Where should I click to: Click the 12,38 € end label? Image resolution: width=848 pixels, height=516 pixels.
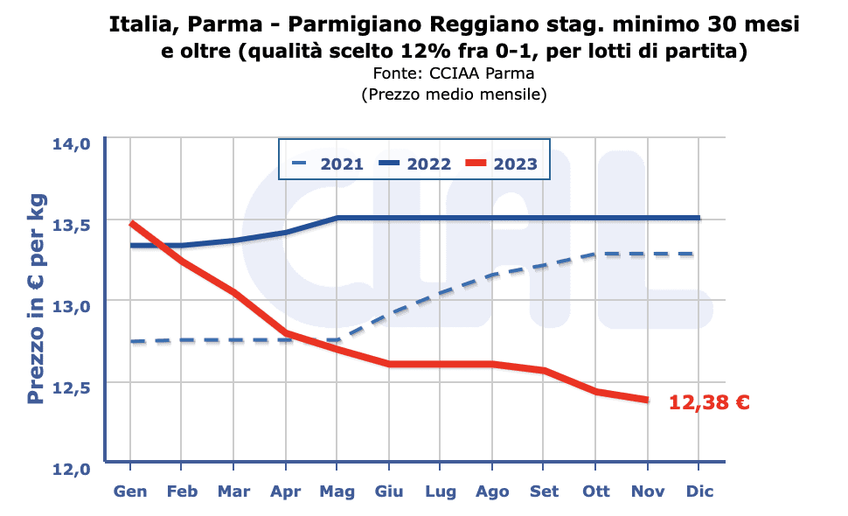pyautogui.click(x=709, y=402)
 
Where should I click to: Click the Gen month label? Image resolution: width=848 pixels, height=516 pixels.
pyautogui.click(x=130, y=491)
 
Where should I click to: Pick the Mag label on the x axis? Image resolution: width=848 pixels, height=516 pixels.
pyautogui.click(x=337, y=491)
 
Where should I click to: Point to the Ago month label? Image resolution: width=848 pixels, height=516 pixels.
pyautogui.click(x=492, y=491)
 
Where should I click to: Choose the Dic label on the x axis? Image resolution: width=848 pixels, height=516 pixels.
pyautogui.click(x=699, y=491)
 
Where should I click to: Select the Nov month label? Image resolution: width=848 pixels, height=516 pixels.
pyautogui.click(x=647, y=491)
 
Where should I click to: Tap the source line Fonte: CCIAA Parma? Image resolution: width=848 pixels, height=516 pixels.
pyautogui.click(x=453, y=73)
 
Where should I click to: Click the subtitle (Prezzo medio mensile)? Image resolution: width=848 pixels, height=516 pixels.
pyautogui.click(x=453, y=94)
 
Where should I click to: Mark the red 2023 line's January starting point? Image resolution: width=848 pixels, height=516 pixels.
pyautogui.click(x=130, y=223)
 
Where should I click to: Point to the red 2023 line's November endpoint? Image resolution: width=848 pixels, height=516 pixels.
pyautogui.click(x=647, y=401)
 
